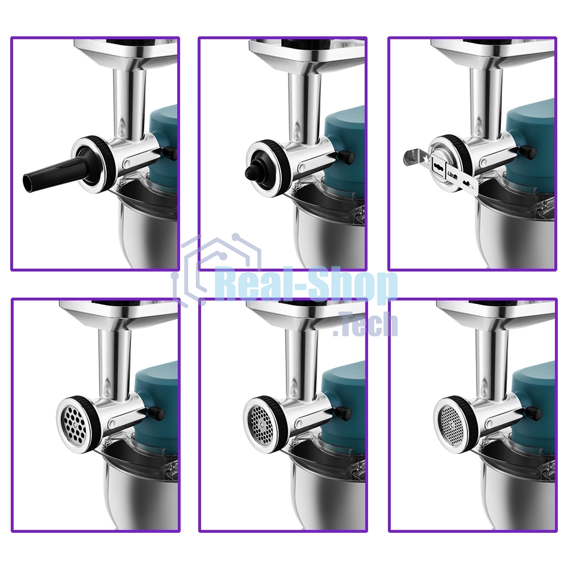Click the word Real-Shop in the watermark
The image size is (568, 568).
(306, 285)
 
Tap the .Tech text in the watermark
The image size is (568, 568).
(366, 325)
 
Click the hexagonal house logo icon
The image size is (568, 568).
(218, 270)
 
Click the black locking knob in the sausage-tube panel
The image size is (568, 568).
(170, 153)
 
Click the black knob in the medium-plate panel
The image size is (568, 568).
(344, 412)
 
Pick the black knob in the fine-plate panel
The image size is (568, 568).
(533, 412)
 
